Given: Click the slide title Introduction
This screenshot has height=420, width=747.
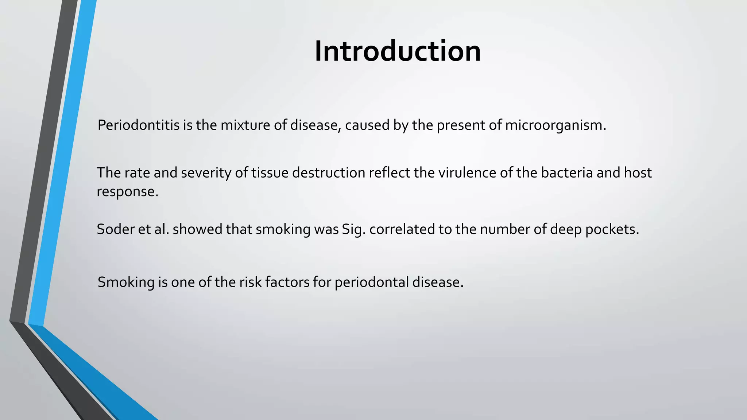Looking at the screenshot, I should click(x=398, y=51).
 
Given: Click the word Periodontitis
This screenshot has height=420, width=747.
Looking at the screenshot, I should click(x=139, y=125).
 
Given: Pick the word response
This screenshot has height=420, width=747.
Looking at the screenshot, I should click(x=127, y=192).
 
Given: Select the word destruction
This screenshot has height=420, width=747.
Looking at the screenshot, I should click(x=329, y=173).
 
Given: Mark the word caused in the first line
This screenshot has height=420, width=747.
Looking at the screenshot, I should click(x=367, y=125).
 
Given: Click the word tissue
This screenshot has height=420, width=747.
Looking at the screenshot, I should click(x=270, y=173).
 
